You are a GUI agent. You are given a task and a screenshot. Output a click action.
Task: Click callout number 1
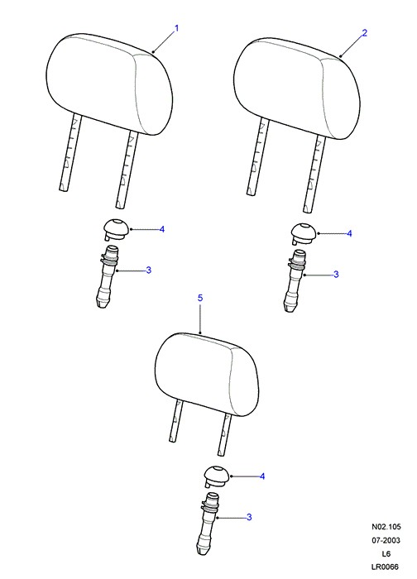pos(176,28)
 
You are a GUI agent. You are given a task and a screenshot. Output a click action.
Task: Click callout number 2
pos(365,33)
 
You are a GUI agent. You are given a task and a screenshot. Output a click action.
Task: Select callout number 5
pos(200,298)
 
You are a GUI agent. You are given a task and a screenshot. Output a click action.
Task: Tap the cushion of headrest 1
pos(110,84)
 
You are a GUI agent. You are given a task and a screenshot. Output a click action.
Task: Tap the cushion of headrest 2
pos(297,89)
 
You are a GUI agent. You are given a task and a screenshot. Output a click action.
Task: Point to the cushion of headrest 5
pos(207,374)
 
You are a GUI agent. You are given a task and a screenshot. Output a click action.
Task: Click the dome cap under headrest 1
pos(116,229)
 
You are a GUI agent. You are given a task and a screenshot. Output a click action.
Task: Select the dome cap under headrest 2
pos(304,233)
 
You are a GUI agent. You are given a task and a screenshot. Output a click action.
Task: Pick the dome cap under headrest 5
pos(216,476)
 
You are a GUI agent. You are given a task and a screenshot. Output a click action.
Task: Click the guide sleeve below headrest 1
pos(108,277)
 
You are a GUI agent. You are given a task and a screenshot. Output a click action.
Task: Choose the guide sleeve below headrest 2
pos(295,281)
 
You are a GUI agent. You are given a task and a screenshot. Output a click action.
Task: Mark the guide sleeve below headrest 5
pos(208,524)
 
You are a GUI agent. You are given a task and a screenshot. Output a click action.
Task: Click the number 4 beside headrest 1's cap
pos(162,229)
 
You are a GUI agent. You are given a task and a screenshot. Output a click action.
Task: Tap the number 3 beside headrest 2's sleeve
pos(336,275)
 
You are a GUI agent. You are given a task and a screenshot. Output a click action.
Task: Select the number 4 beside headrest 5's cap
pos(262,476)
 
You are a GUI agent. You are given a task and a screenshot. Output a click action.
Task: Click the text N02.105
pos(386,527)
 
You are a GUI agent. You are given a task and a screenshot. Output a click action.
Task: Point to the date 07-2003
pos(386,540)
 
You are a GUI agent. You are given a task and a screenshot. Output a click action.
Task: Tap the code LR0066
pos(386,567)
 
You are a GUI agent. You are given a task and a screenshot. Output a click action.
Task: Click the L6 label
pos(386,553)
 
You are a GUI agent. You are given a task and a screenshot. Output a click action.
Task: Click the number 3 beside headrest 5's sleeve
pos(249,517)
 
